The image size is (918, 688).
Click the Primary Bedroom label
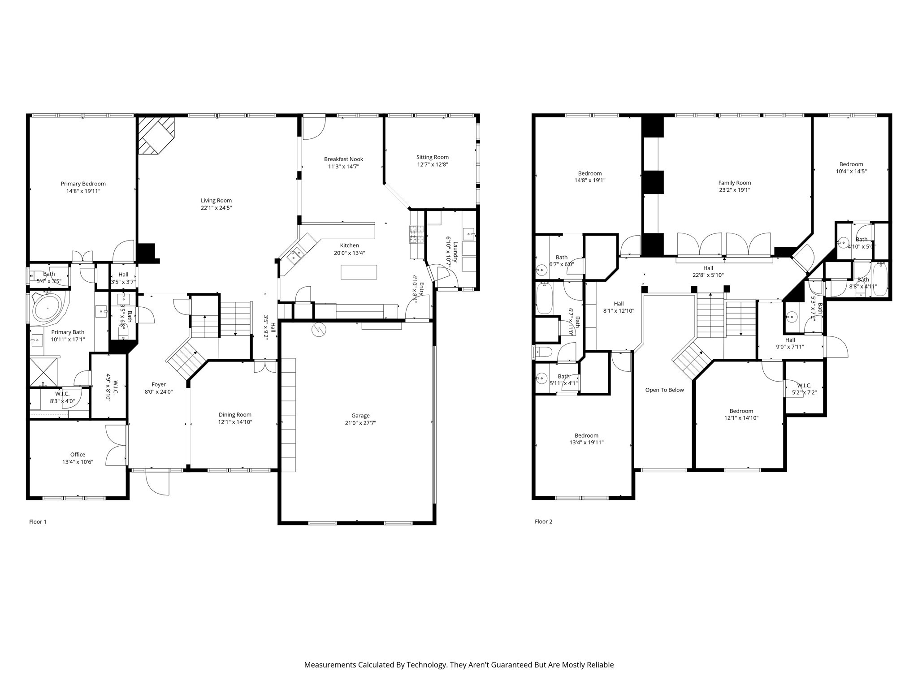(83, 184)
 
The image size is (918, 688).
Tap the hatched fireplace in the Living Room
(155, 135)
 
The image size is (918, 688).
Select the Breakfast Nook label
(343, 159)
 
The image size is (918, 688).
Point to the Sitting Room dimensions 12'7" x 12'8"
(432, 164)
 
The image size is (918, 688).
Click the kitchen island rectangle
(359, 272)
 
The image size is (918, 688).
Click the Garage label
(360, 416)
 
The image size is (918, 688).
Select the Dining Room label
(235, 415)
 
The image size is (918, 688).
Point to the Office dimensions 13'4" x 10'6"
(78, 462)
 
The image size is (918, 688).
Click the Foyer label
(159, 384)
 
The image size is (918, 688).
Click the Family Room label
(734, 183)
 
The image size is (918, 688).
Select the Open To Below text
(664, 390)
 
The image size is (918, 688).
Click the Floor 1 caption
(38, 521)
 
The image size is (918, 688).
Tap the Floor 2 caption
(543, 521)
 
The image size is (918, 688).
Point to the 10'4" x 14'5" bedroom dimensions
(851, 171)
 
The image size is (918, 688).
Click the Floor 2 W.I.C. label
(804, 386)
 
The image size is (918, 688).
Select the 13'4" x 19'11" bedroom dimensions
(586, 443)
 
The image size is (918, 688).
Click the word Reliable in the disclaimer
(599, 665)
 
